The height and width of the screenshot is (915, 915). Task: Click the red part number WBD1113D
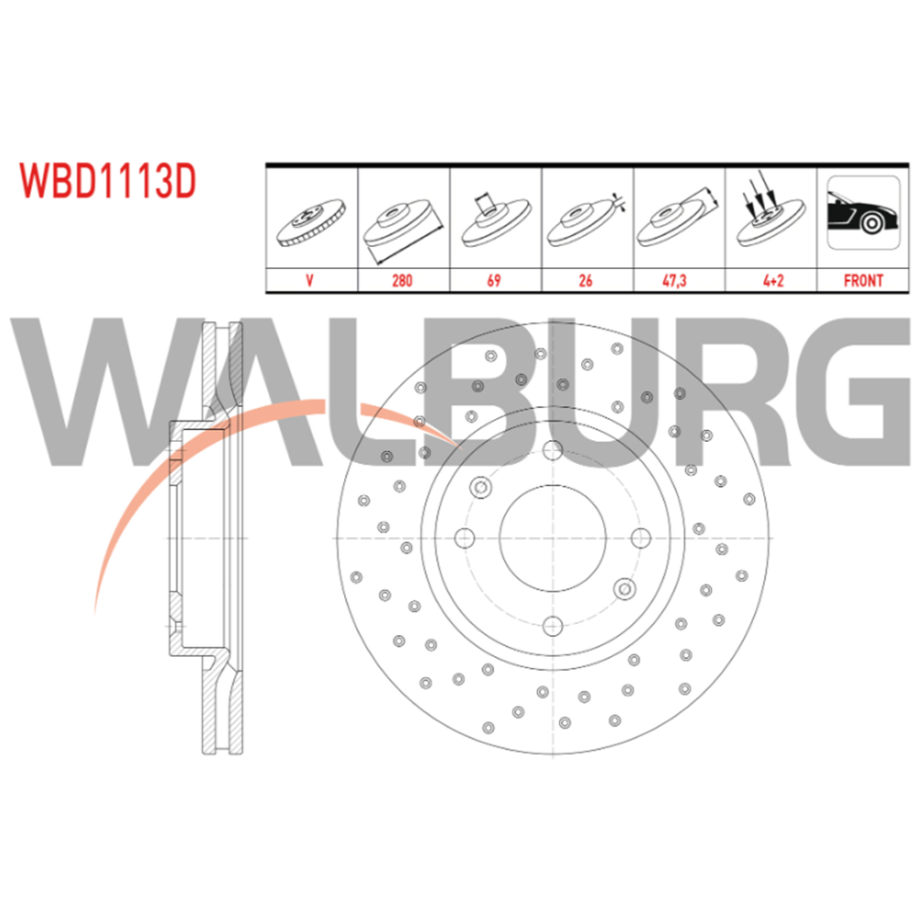[x=108, y=181]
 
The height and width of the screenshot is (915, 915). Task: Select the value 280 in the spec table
[x=402, y=281]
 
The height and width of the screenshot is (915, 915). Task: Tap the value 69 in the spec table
[x=494, y=281]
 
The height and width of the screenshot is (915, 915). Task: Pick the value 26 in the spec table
[x=586, y=281]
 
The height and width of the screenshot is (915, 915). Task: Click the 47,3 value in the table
[x=674, y=281]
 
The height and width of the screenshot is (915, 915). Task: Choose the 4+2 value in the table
[x=773, y=281]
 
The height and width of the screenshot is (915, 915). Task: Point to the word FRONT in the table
[x=863, y=281]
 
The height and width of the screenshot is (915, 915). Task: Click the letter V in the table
[x=310, y=281]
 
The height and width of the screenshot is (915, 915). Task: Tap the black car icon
[x=863, y=213]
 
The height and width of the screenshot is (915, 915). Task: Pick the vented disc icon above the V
[x=310, y=223]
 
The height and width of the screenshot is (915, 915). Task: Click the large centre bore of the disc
[x=553, y=538]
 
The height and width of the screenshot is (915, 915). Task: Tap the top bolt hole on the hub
[x=553, y=450]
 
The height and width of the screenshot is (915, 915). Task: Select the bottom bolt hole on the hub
[x=553, y=626]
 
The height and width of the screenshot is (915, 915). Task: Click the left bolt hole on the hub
[x=465, y=538]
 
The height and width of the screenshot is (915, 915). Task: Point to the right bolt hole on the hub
[x=640, y=538]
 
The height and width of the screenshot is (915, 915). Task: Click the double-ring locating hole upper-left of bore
[x=481, y=487]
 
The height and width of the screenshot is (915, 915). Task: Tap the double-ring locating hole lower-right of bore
[x=624, y=588]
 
